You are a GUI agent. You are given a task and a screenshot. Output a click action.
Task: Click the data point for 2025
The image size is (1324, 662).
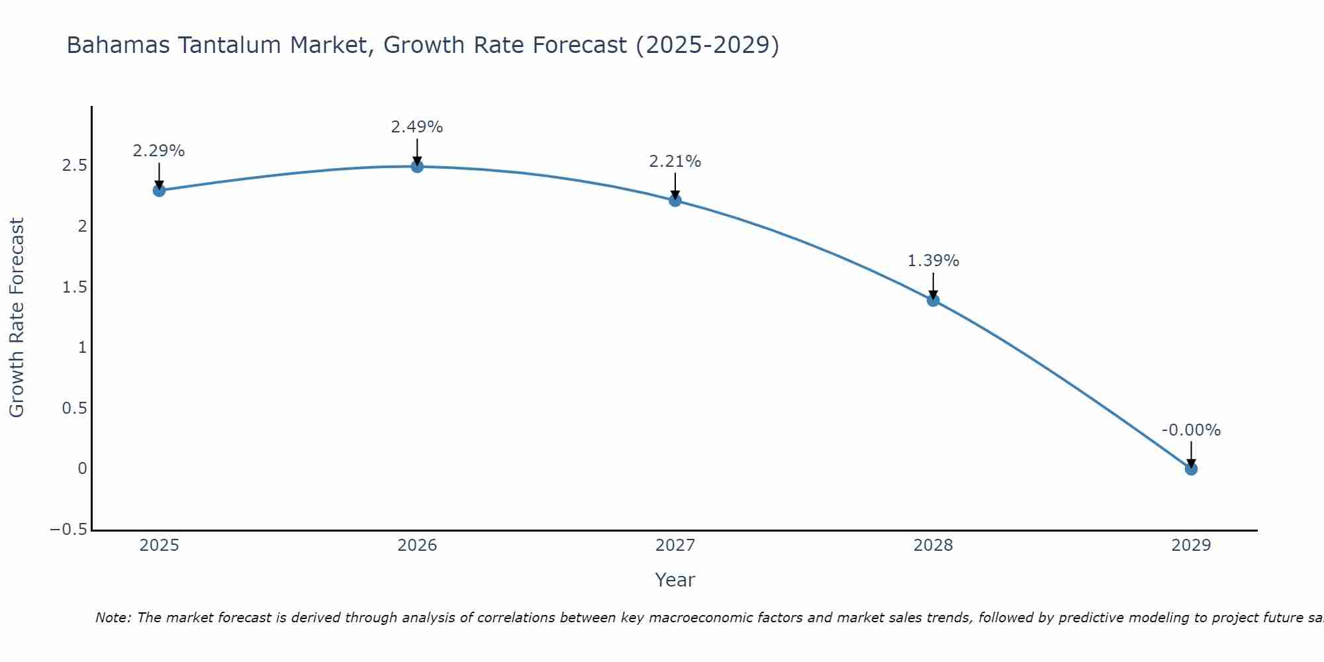(x=159, y=191)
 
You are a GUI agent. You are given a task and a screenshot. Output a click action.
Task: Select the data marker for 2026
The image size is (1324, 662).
(x=417, y=166)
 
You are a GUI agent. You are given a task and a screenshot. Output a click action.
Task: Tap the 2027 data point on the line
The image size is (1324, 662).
(x=675, y=200)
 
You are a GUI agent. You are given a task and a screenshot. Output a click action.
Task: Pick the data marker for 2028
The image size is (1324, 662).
(x=933, y=300)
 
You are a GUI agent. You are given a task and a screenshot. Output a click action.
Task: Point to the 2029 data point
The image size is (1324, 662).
(x=1191, y=469)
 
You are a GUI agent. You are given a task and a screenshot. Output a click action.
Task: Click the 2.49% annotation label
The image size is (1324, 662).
(x=416, y=127)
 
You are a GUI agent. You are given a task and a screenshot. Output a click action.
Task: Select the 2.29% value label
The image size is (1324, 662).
(x=159, y=151)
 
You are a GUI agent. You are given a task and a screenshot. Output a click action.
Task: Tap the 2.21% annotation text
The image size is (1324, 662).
(x=675, y=162)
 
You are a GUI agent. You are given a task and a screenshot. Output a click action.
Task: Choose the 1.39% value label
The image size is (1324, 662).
(x=933, y=261)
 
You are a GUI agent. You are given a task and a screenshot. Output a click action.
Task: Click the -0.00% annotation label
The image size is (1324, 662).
(x=1191, y=430)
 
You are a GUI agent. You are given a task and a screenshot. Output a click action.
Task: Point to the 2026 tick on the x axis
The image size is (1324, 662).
(x=417, y=545)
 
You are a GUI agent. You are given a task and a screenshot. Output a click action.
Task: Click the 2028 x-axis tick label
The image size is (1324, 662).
(x=933, y=545)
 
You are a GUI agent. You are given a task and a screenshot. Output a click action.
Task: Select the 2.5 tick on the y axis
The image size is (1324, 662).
(x=75, y=165)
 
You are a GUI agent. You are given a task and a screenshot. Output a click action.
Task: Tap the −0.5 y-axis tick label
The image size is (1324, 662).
(x=69, y=530)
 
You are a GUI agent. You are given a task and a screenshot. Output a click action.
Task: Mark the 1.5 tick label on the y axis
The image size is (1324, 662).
(x=75, y=287)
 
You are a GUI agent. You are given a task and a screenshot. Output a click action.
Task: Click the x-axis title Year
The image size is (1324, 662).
(x=675, y=580)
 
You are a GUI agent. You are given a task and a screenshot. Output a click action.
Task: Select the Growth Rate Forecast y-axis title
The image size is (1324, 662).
(x=17, y=318)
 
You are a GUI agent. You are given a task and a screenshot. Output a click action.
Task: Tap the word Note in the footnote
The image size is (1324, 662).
(x=113, y=618)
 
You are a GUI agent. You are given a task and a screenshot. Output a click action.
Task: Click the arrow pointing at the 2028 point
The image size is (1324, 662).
(x=933, y=286)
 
